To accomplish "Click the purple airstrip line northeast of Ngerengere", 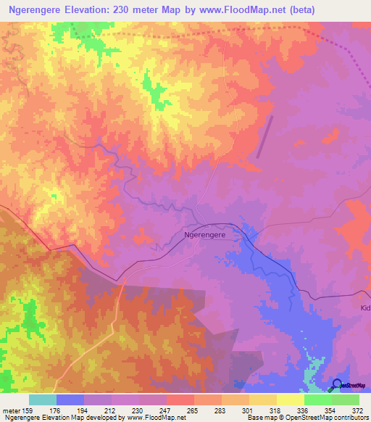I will pos(265,136).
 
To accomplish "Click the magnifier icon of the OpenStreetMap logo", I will pos(337,384).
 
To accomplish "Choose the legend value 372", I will pos(357,411).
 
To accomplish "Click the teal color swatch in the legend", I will pos(42,400).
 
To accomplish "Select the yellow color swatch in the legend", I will pos(290,400).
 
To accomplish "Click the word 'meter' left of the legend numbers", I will pos(11,411).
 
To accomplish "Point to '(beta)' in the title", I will pos(301,10).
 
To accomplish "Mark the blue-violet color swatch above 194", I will pos(70,400).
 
